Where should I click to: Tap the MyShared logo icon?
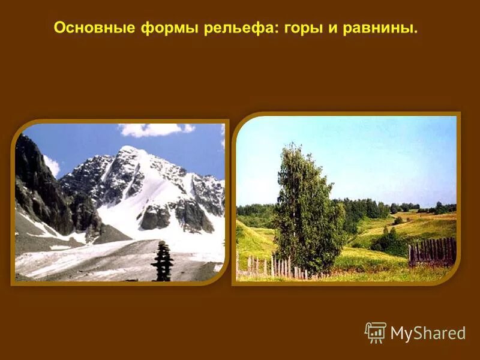click(376, 332)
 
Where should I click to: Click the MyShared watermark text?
click(428, 334)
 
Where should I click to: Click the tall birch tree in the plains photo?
click(306, 210)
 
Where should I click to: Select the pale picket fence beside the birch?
click(264, 265)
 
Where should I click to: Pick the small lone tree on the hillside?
click(398, 220)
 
